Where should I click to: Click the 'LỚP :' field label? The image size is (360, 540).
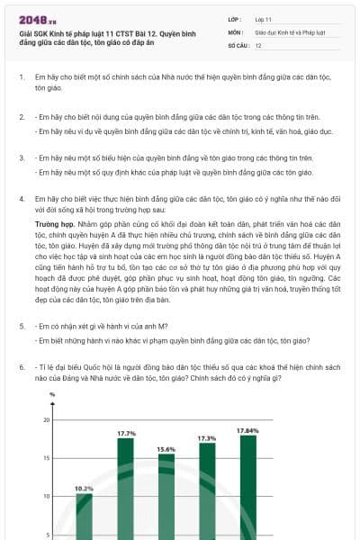[236, 18]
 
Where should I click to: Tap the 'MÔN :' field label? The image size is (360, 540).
[237, 31]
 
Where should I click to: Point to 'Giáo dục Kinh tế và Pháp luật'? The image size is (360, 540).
[289, 31]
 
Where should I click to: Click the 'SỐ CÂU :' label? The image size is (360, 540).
[238, 44]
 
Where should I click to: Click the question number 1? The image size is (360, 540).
[22, 77]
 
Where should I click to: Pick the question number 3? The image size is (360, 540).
[22, 157]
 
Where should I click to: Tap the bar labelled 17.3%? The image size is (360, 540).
[207, 490]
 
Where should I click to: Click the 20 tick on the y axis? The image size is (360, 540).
[47, 420]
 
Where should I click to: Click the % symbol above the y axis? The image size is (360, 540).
[52, 394]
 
